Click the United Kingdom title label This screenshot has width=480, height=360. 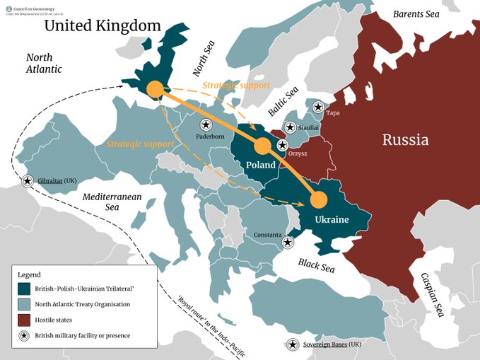click(103, 27)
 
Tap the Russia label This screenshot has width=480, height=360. click(405, 139)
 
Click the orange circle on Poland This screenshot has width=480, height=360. click(262, 146)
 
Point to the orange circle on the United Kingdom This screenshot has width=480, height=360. click(153, 89)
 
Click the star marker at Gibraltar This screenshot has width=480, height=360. click(28, 181)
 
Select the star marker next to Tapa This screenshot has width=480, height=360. click(319, 108)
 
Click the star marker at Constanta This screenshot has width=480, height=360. click(287, 243)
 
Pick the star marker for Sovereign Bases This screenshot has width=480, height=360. click(292, 345)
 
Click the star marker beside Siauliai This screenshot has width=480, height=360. click(290, 127)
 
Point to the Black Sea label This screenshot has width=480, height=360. click(315, 267)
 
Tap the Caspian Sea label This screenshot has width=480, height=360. click(431, 295)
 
